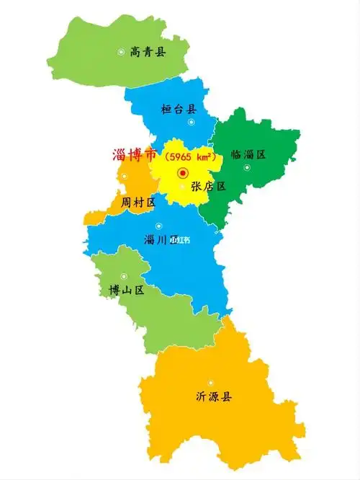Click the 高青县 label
click(148, 52)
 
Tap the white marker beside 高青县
click(122, 51)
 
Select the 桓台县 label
click(179, 109)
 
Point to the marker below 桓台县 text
click(191, 122)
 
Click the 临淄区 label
click(248, 154)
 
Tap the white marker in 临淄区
click(247, 167)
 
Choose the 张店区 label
click(209, 186)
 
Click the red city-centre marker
click(182, 173)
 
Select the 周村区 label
click(138, 202)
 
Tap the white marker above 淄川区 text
click(158, 226)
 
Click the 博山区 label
click(126, 290)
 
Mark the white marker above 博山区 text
click(124, 276)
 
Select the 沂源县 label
click(214, 396)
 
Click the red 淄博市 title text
click(135, 155)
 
